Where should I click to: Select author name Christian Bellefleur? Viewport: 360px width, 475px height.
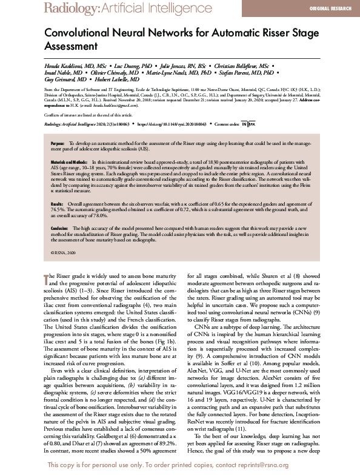(x=238, y=65)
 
